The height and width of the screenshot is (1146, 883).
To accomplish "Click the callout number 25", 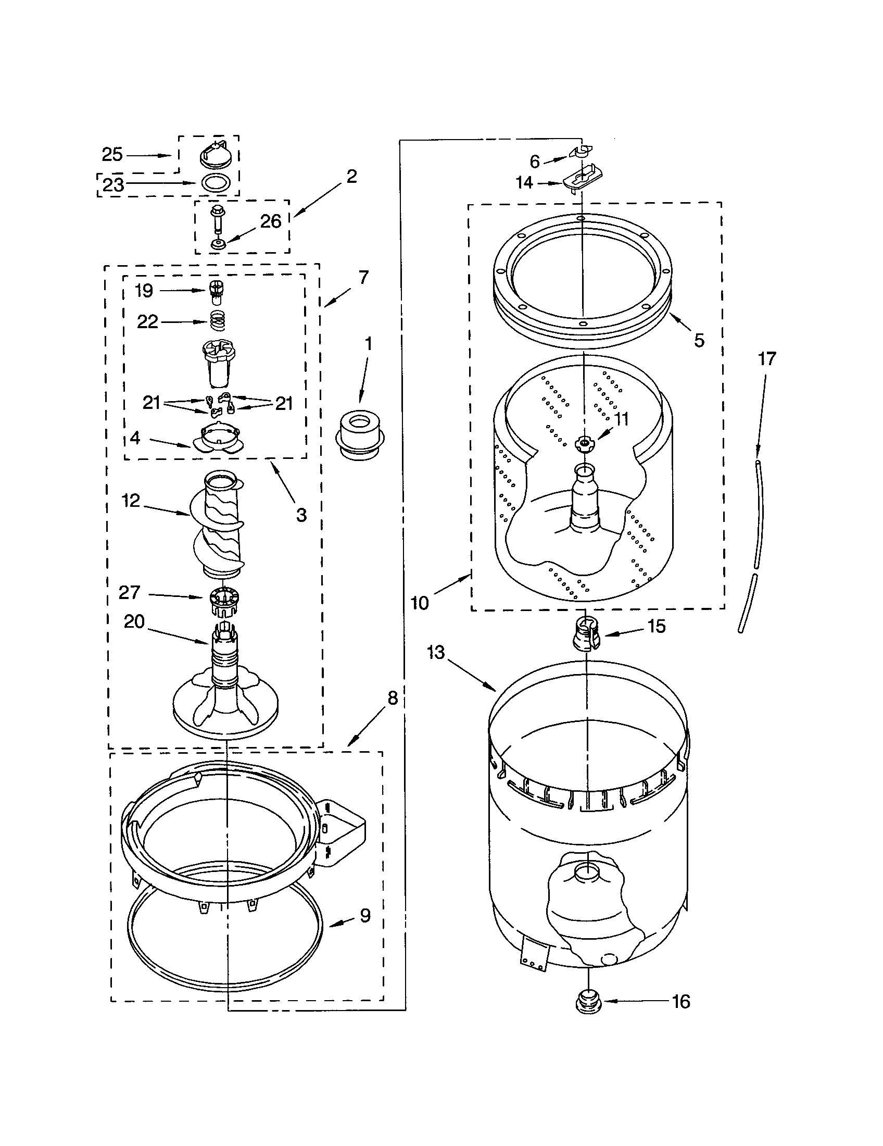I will pyautogui.click(x=112, y=154).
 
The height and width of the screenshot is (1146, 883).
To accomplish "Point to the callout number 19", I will pyautogui.click(x=144, y=290).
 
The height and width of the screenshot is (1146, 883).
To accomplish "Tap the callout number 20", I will pyautogui.click(x=134, y=621).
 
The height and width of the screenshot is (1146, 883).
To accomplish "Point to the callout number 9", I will pyautogui.click(x=365, y=916).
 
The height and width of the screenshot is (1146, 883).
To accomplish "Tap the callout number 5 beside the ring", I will pyautogui.click(x=698, y=340).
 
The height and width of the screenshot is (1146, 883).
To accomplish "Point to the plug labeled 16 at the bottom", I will pyautogui.click(x=589, y=1004).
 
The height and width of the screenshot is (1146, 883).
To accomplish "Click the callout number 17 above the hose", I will pyautogui.click(x=766, y=359).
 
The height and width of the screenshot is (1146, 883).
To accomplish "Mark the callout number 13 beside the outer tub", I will pyautogui.click(x=435, y=653).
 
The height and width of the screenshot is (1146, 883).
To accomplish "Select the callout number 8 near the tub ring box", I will pyautogui.click(x=393, y=698).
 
